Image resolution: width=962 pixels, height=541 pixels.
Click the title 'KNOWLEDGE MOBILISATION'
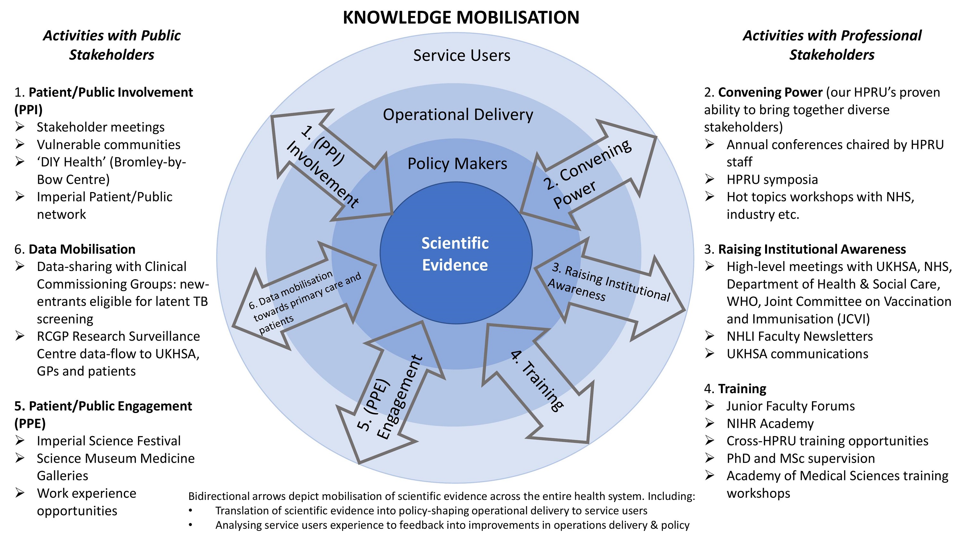461,18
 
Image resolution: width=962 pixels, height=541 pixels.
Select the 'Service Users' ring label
461,55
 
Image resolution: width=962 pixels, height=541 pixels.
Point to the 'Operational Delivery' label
458,114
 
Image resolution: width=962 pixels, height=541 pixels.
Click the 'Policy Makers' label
457,164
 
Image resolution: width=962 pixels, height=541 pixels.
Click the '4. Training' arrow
538,381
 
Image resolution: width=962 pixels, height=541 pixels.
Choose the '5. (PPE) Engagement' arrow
390,396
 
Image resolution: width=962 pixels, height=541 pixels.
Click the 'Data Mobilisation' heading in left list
82,249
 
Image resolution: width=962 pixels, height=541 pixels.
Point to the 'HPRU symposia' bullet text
772,180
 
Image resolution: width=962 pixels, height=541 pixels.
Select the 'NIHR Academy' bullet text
770,423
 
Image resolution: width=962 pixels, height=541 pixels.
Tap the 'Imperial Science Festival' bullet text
108,441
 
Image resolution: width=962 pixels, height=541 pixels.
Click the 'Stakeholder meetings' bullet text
100,127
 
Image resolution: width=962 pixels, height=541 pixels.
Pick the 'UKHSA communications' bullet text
797,354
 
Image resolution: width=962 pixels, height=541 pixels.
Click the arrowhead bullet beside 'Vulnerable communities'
20,144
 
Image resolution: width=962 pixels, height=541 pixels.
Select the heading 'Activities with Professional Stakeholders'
832,45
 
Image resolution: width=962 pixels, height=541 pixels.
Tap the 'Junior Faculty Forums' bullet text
790,406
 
